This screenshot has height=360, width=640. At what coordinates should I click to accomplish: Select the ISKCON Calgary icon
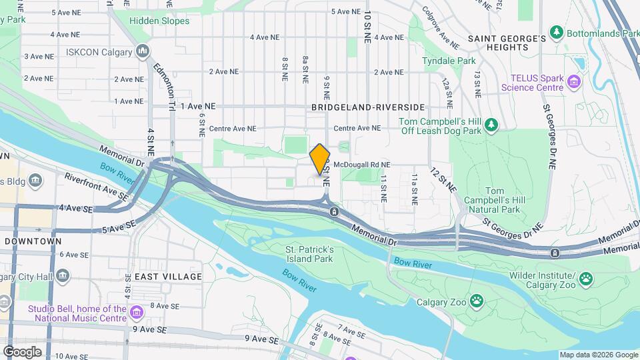[142, 51]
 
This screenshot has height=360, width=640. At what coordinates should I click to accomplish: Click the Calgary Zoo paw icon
[477, 301]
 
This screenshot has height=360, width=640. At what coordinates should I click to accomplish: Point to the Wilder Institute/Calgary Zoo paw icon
[586, 279]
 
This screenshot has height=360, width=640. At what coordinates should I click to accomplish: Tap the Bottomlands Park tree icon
[555, 32]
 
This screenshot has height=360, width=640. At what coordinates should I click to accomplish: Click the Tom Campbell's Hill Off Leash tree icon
[491, 125]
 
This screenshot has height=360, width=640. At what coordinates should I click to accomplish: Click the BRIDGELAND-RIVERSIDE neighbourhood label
[367, 107]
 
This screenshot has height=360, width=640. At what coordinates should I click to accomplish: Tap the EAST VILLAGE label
[168, 276]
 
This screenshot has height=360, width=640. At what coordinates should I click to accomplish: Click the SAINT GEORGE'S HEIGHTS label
[507, 44]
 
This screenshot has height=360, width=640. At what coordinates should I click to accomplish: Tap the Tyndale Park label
[449, 61]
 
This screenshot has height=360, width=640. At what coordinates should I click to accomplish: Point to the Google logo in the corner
[23, 351]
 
